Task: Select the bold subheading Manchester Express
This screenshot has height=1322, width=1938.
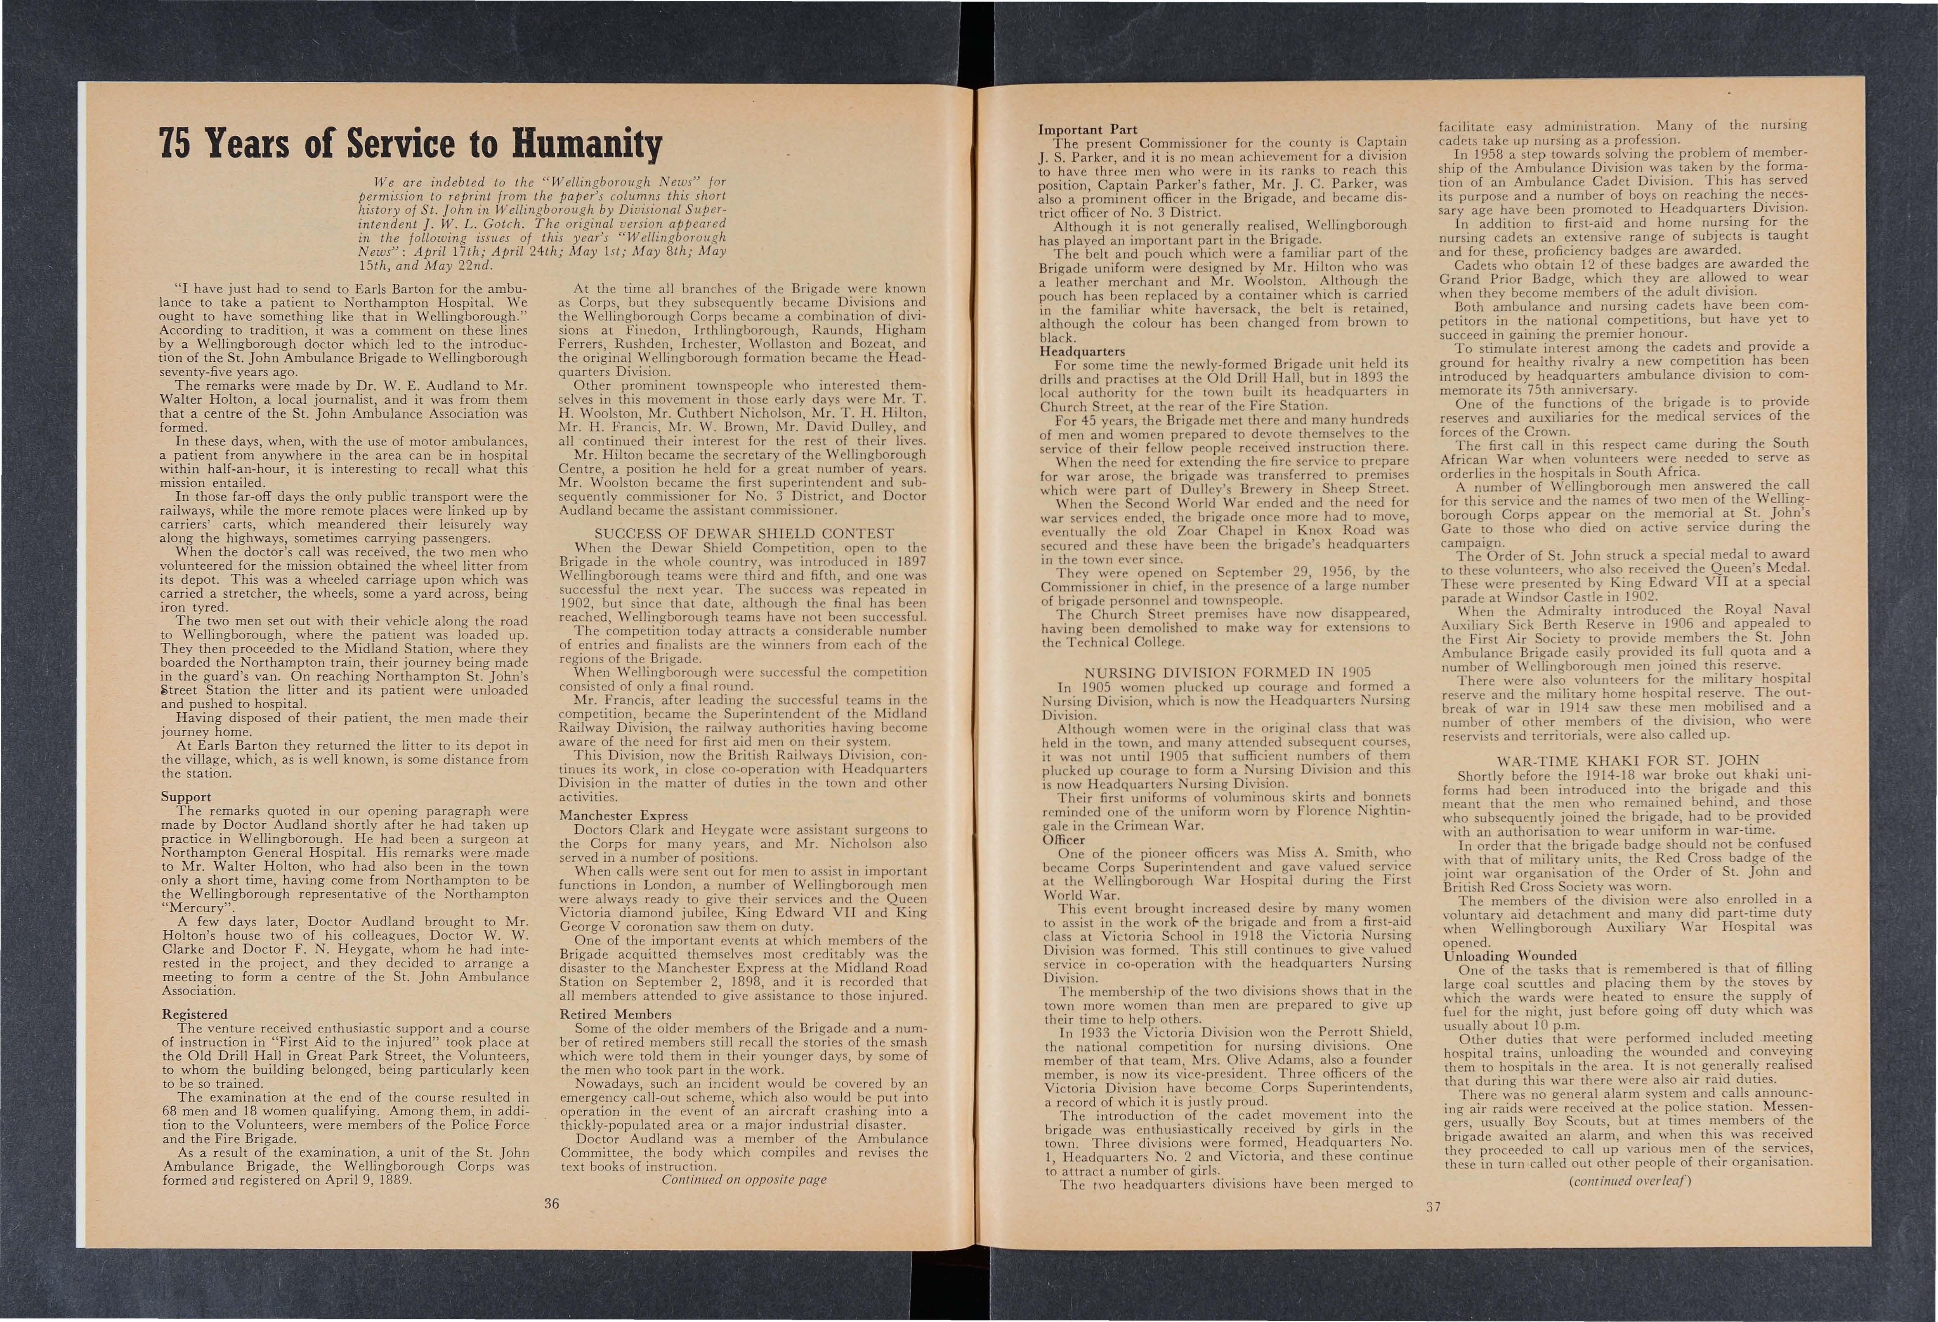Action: (x=624, y=815)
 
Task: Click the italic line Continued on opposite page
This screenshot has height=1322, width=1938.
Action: (x=744, y=1179)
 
